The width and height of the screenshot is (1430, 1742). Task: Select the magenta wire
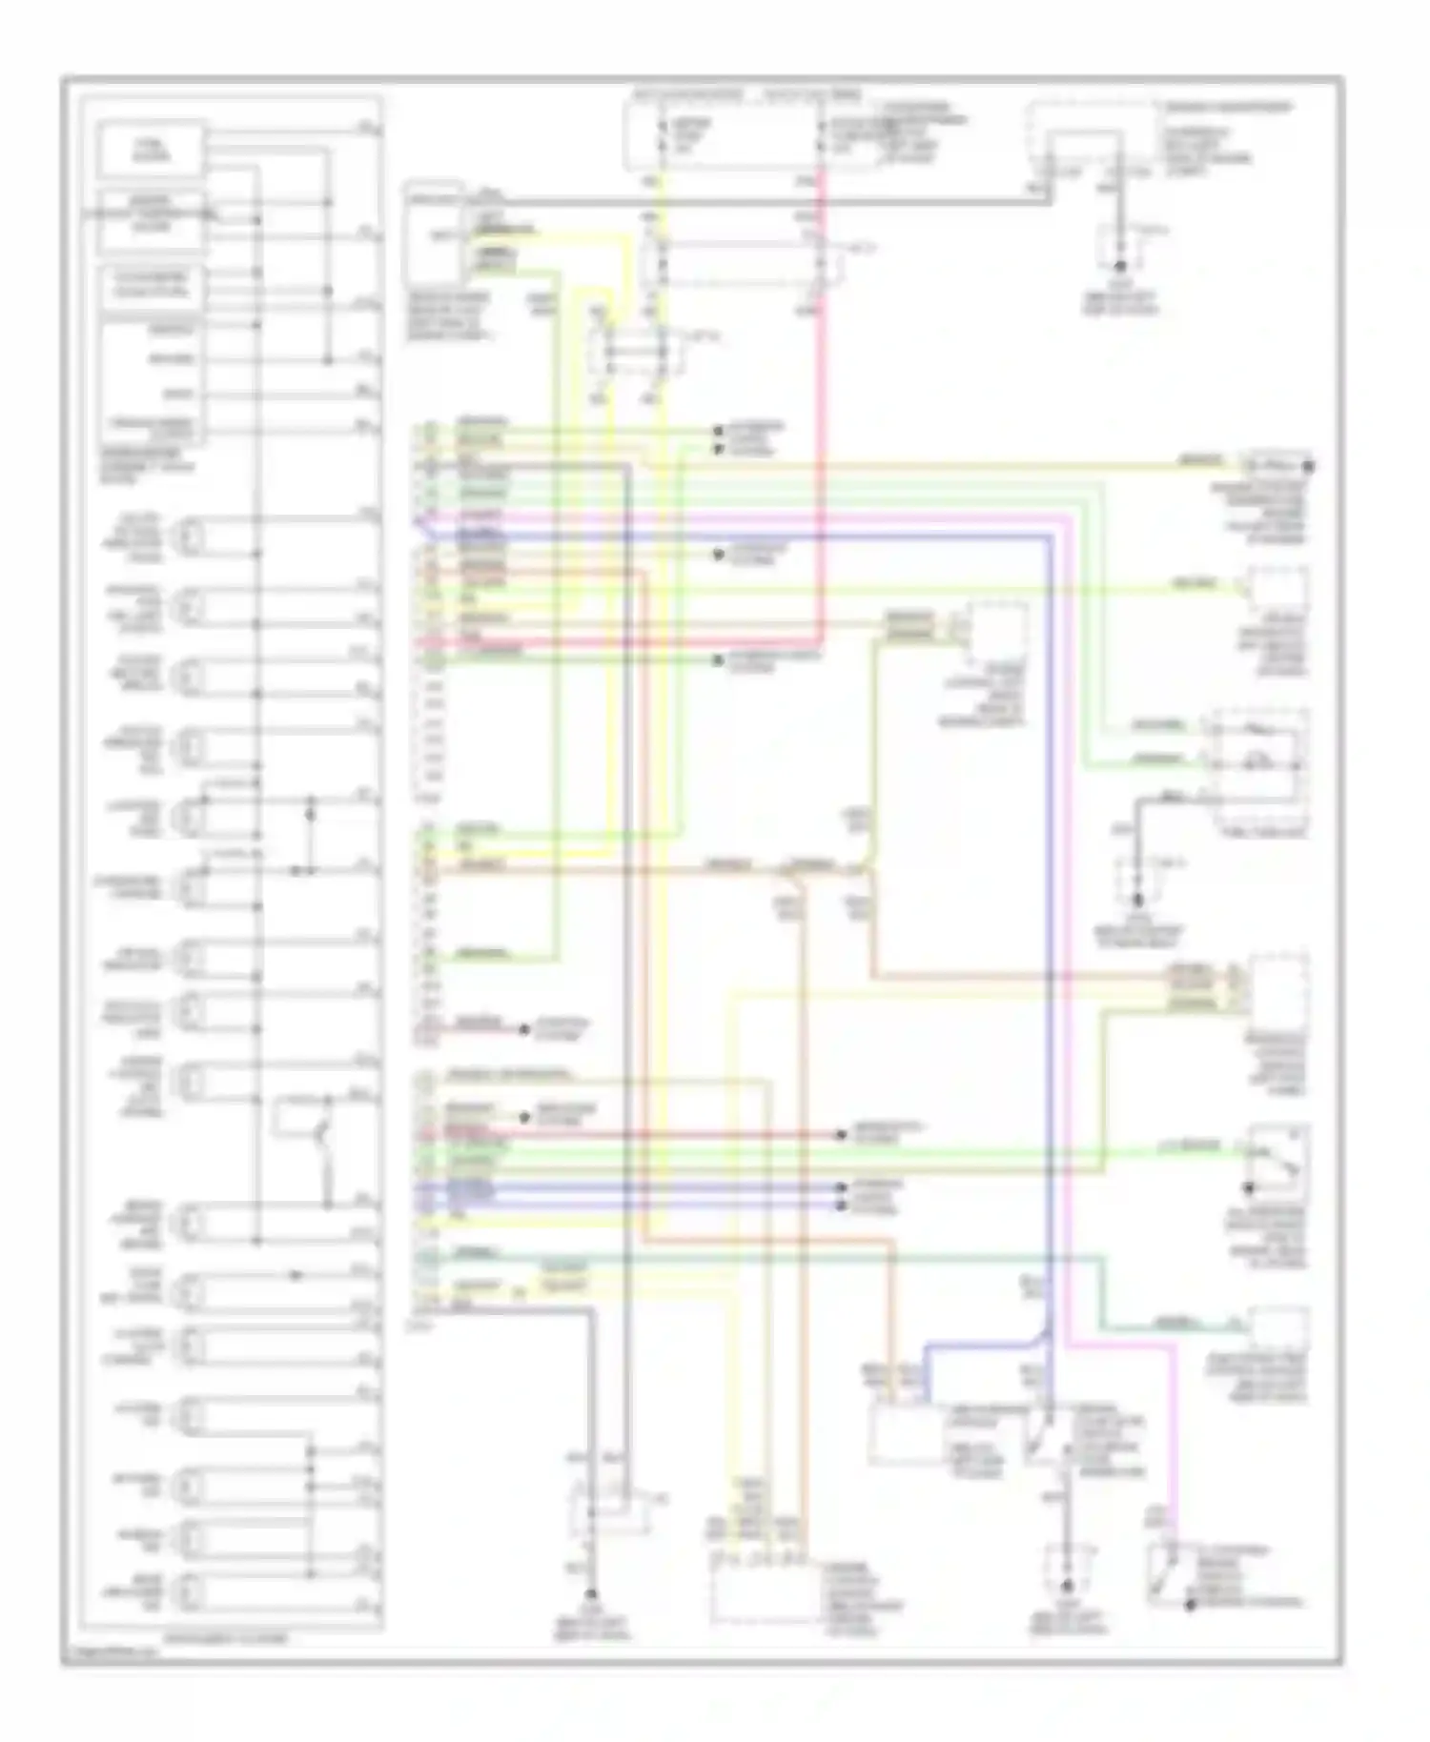(1066, 858)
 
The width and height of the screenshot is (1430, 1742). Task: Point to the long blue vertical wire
(1049, 858)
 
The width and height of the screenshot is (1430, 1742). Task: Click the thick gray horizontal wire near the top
(763, 202)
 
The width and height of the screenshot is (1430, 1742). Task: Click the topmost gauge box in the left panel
(153, 149)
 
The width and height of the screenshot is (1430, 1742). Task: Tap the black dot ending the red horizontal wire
(841, 1135)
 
